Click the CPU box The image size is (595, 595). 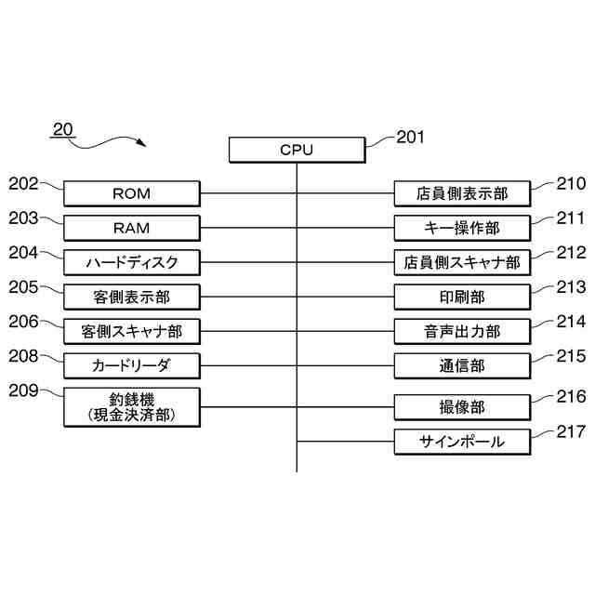[x=297, y=150]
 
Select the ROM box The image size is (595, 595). [x=131, y=193]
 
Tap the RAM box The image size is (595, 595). [x=131, y=228]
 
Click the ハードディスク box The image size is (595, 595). [x=131, y=262]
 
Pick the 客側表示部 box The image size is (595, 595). [x=131, y=297]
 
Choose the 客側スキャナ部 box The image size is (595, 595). [x=131, y=331]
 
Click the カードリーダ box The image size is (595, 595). [x=131, y=364]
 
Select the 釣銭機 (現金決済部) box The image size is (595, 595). [x=131, y=406]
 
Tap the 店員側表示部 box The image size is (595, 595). [x=462, y=193]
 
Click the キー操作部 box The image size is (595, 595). [x=462, y=228]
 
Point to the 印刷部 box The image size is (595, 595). [x=462, y=297]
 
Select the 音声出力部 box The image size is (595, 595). [x=462, y=331]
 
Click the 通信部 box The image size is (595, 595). [x=462, y=365]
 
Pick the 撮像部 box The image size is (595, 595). [x=462, y=406]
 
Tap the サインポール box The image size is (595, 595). [x=462, y=442]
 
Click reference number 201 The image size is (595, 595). [x=410, y=138]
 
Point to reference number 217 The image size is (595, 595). [x=571, y=431]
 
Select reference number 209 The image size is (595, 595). [x=23, y=390]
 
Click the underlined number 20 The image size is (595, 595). [x=62, y=129]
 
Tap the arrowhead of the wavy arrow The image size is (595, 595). [x=141, y=144]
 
